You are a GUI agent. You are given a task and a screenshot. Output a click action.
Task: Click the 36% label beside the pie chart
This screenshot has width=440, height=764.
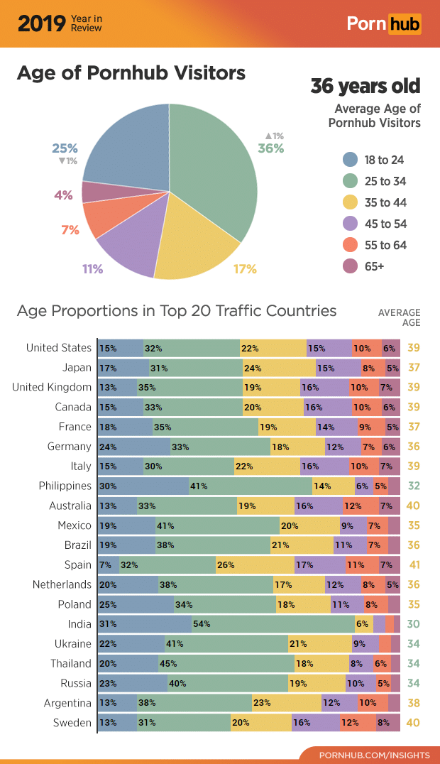(x=270, y=148)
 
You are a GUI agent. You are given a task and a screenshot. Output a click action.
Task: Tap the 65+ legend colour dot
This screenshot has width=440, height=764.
(x=350, y=266)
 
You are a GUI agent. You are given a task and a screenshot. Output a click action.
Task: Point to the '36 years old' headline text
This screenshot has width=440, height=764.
(x=365, y=87)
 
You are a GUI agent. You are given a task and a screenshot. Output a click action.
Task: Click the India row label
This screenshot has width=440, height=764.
(x=79, y=624)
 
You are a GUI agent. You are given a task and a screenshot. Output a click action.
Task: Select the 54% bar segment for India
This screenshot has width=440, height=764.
(x=273, y=624)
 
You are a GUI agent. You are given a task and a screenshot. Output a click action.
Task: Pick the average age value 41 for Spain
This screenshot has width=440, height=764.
(x=414, y=565)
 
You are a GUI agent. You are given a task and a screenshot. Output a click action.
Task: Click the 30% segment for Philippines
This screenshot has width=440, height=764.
(x=143, y=486)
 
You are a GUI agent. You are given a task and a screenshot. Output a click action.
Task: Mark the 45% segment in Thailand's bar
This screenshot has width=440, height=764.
(x=226, y=664)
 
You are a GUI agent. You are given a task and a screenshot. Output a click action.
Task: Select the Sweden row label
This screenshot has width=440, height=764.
(x=72, y=723)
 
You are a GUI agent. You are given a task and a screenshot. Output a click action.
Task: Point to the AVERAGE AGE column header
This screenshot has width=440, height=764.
(x=399, y=317)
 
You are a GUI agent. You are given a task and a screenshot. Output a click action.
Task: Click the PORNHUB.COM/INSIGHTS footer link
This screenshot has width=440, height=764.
(x=369, y=753)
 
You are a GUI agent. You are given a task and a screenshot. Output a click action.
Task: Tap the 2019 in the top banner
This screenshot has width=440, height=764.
(x=41, y=23)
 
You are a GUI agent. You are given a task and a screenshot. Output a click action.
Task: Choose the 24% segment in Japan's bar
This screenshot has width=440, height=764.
(x=279, y=368)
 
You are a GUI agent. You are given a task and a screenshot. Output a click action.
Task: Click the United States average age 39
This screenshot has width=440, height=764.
(x=414, y=348)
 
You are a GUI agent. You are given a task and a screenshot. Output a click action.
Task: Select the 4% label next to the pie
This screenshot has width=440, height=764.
(x=64, y=195)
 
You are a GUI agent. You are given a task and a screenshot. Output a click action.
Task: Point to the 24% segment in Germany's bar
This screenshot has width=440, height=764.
(x=133, y=447)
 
